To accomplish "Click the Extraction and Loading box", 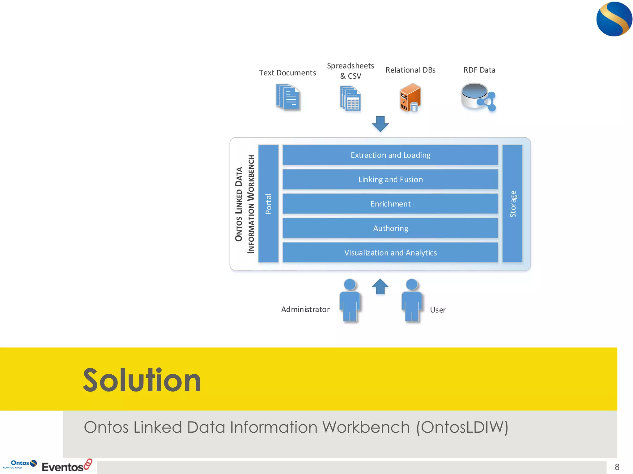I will coord(390,155).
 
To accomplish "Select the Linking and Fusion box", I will coord(390,179).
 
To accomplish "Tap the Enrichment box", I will coord(390,204).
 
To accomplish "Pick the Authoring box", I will coord(390,228).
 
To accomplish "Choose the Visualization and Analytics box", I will coord(390,252).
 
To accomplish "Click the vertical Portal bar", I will coord(268,204).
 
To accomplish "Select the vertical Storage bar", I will coord(512,204).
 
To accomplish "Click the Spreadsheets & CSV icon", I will coord(350,98).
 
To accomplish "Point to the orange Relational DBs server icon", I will coord(410,98).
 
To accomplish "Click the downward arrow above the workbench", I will coord(380,124).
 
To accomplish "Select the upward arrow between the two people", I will coord(380,287).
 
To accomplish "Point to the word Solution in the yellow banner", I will coord(142,380).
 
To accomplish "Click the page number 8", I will coord(617,467).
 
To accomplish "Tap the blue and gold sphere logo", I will coord(614,19).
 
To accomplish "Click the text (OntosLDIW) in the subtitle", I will coord(462,427).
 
